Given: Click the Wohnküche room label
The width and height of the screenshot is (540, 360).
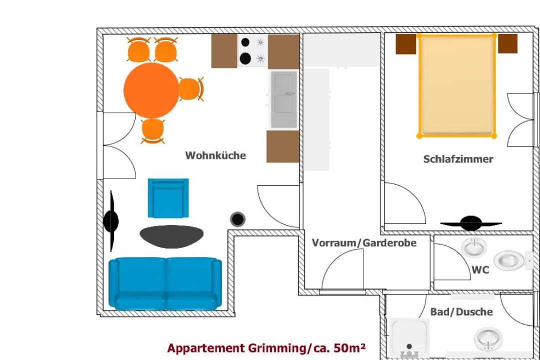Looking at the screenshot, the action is pyautogui.click(x=215, y=155).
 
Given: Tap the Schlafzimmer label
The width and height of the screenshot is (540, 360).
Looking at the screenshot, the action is pyautogui.click(x=458, y=159).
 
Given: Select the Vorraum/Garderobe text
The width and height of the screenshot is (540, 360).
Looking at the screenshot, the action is pyautogui.click(x=364, y=243).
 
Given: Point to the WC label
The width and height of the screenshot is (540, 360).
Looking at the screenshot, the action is pyautogui.click(x=480, y=269).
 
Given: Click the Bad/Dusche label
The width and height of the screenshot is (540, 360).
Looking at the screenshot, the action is pyautogui.click(x=461, y=312).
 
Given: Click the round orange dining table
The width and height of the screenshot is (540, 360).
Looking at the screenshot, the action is pyautogui.click(x=151, y=90).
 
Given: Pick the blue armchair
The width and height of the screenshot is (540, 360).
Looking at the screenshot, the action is pyautogui.click(x=168, y=198).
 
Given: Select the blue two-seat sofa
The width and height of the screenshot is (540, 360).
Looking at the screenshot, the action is pyautogui.click(x=165, y=284).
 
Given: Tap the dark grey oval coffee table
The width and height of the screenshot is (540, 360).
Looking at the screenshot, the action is pyautogui.click(x=171, y=236).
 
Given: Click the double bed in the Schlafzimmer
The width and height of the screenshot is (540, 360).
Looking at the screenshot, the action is pyautogui.click(x=456, y=86).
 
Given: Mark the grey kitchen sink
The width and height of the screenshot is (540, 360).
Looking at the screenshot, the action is pyautogui.click(x=283, y=99).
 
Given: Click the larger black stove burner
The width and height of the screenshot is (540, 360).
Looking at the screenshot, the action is pyautogui.click(x=245, y=58).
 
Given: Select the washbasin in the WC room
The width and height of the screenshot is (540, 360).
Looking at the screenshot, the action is pyautogui.click(x=474, y=247).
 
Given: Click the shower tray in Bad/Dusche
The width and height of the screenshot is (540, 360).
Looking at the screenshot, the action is pyautogui.click(x=409, y=337).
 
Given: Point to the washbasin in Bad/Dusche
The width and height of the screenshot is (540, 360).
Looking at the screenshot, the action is pyautogui.click(x=488, y=338).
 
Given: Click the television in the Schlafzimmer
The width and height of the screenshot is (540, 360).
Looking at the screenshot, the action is pyautogui.click(x=471, y=223).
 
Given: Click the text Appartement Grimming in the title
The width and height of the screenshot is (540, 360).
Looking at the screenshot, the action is pyautogui.click(x=236, y=348).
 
